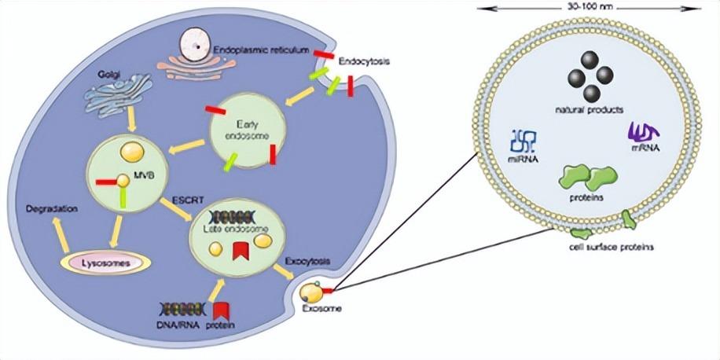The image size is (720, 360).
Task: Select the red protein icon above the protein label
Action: pyautogui.click(x=221, y=310)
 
